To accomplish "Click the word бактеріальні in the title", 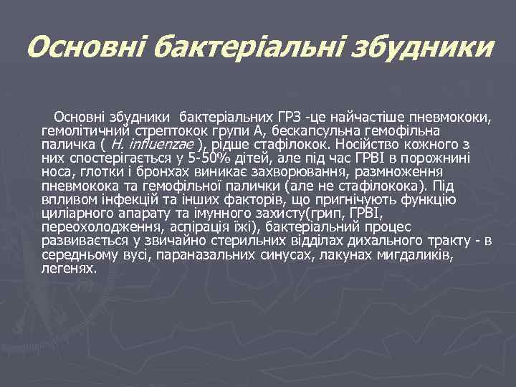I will (239, 48).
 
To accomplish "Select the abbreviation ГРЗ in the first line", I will (289, 116).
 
